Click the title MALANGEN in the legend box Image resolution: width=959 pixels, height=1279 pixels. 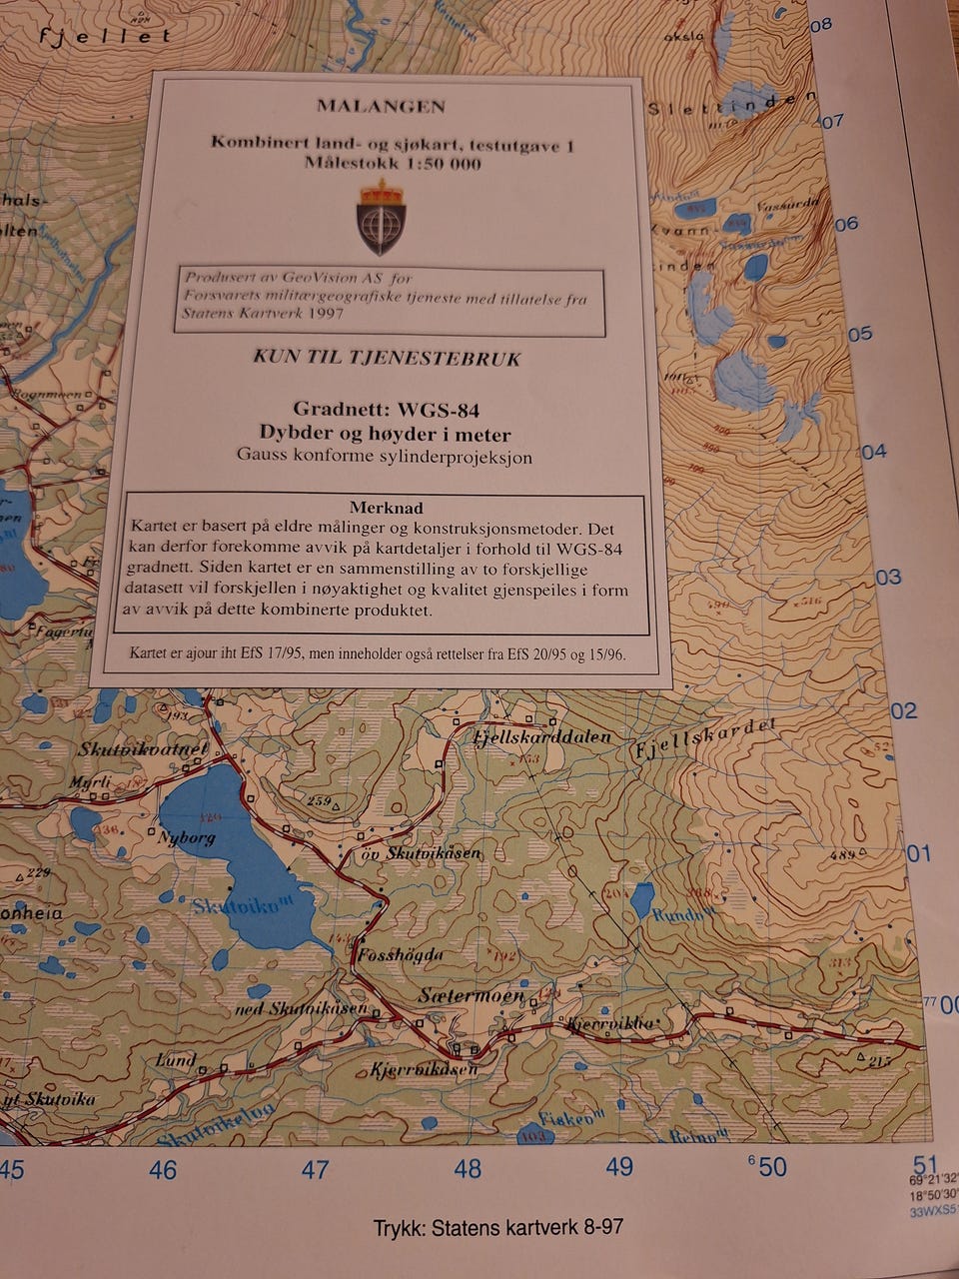(x=381, y=106)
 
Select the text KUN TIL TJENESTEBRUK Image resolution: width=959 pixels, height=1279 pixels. (x=387, y=359)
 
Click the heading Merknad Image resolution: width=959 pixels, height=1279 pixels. (x=386, y=508)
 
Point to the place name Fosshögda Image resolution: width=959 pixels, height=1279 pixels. (x=399, y=954)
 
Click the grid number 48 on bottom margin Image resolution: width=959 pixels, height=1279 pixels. (x=467, y=1168)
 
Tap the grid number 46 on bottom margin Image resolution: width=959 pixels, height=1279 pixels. (x=163, y=1169)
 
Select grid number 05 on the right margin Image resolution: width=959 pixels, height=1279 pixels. (x=859, y=334)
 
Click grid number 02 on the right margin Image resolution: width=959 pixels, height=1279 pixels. (x=903, y=710)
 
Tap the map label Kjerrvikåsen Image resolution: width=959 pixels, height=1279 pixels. (x=424, y=1070)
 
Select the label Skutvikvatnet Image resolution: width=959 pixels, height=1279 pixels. (x=143, y=749)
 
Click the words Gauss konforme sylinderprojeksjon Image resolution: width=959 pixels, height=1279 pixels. (x=385, y=457)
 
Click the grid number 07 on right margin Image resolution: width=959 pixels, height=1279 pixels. (x=831, y=122)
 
